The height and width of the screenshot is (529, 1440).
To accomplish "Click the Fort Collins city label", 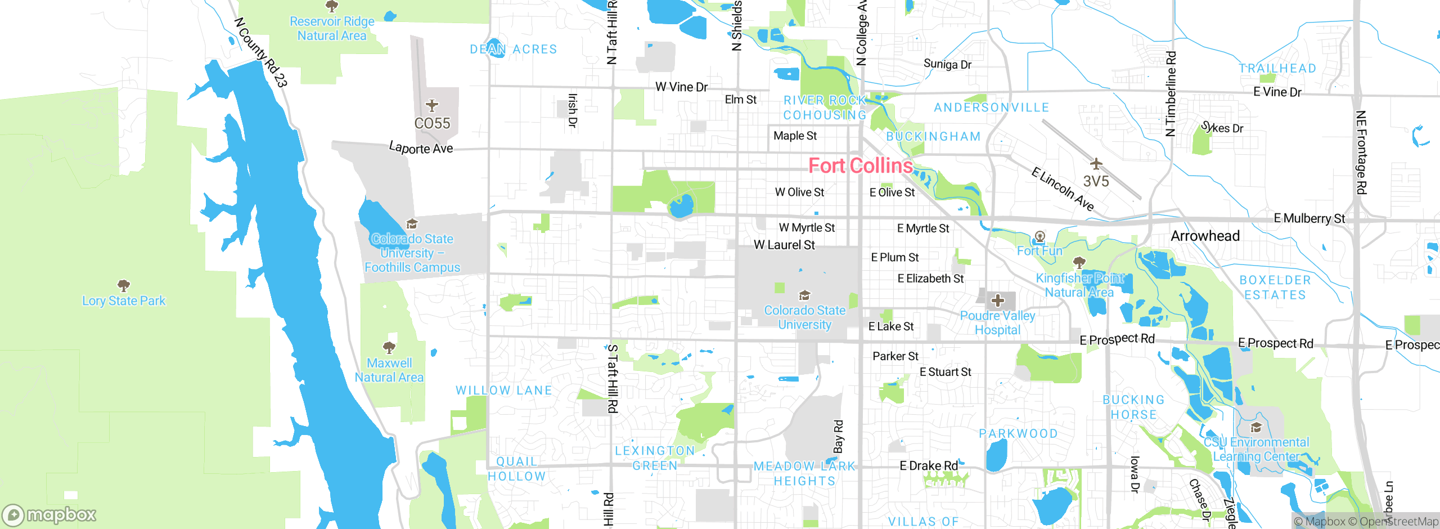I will coord(860,165).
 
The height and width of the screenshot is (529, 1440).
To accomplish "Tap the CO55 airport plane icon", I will coord(431,105).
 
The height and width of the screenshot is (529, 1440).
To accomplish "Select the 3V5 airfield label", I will coord(1096,181).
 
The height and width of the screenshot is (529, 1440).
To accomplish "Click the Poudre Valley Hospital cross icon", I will coord(997,301).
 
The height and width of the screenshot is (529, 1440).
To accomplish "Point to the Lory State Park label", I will coord(124,301).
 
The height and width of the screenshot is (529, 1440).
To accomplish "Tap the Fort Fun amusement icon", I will coord(1040,236).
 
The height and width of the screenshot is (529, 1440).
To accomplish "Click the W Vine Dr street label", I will coord(681,87).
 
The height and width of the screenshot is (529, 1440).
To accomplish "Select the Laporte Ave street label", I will coord(421,148).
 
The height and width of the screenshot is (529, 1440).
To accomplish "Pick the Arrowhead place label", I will coord(1205,236).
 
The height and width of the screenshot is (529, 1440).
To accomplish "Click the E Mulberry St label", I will coord(1309,218).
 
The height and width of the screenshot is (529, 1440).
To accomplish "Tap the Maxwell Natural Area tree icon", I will coord(389,347).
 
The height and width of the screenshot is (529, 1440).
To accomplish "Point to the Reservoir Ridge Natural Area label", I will coord(332,28).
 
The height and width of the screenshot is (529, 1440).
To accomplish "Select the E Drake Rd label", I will coord(928,465).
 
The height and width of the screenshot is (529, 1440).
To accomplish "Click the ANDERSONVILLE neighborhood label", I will coord(991,107).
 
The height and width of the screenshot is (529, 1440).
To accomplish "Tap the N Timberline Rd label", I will coord(1171,94).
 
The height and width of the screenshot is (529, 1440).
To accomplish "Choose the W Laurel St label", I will coord(784,245).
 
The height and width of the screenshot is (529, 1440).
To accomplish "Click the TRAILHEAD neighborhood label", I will coord(1277,69).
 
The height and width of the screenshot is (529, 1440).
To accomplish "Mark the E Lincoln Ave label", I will coord(1062,190).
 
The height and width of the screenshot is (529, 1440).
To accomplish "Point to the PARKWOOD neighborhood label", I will coord(1018,433).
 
